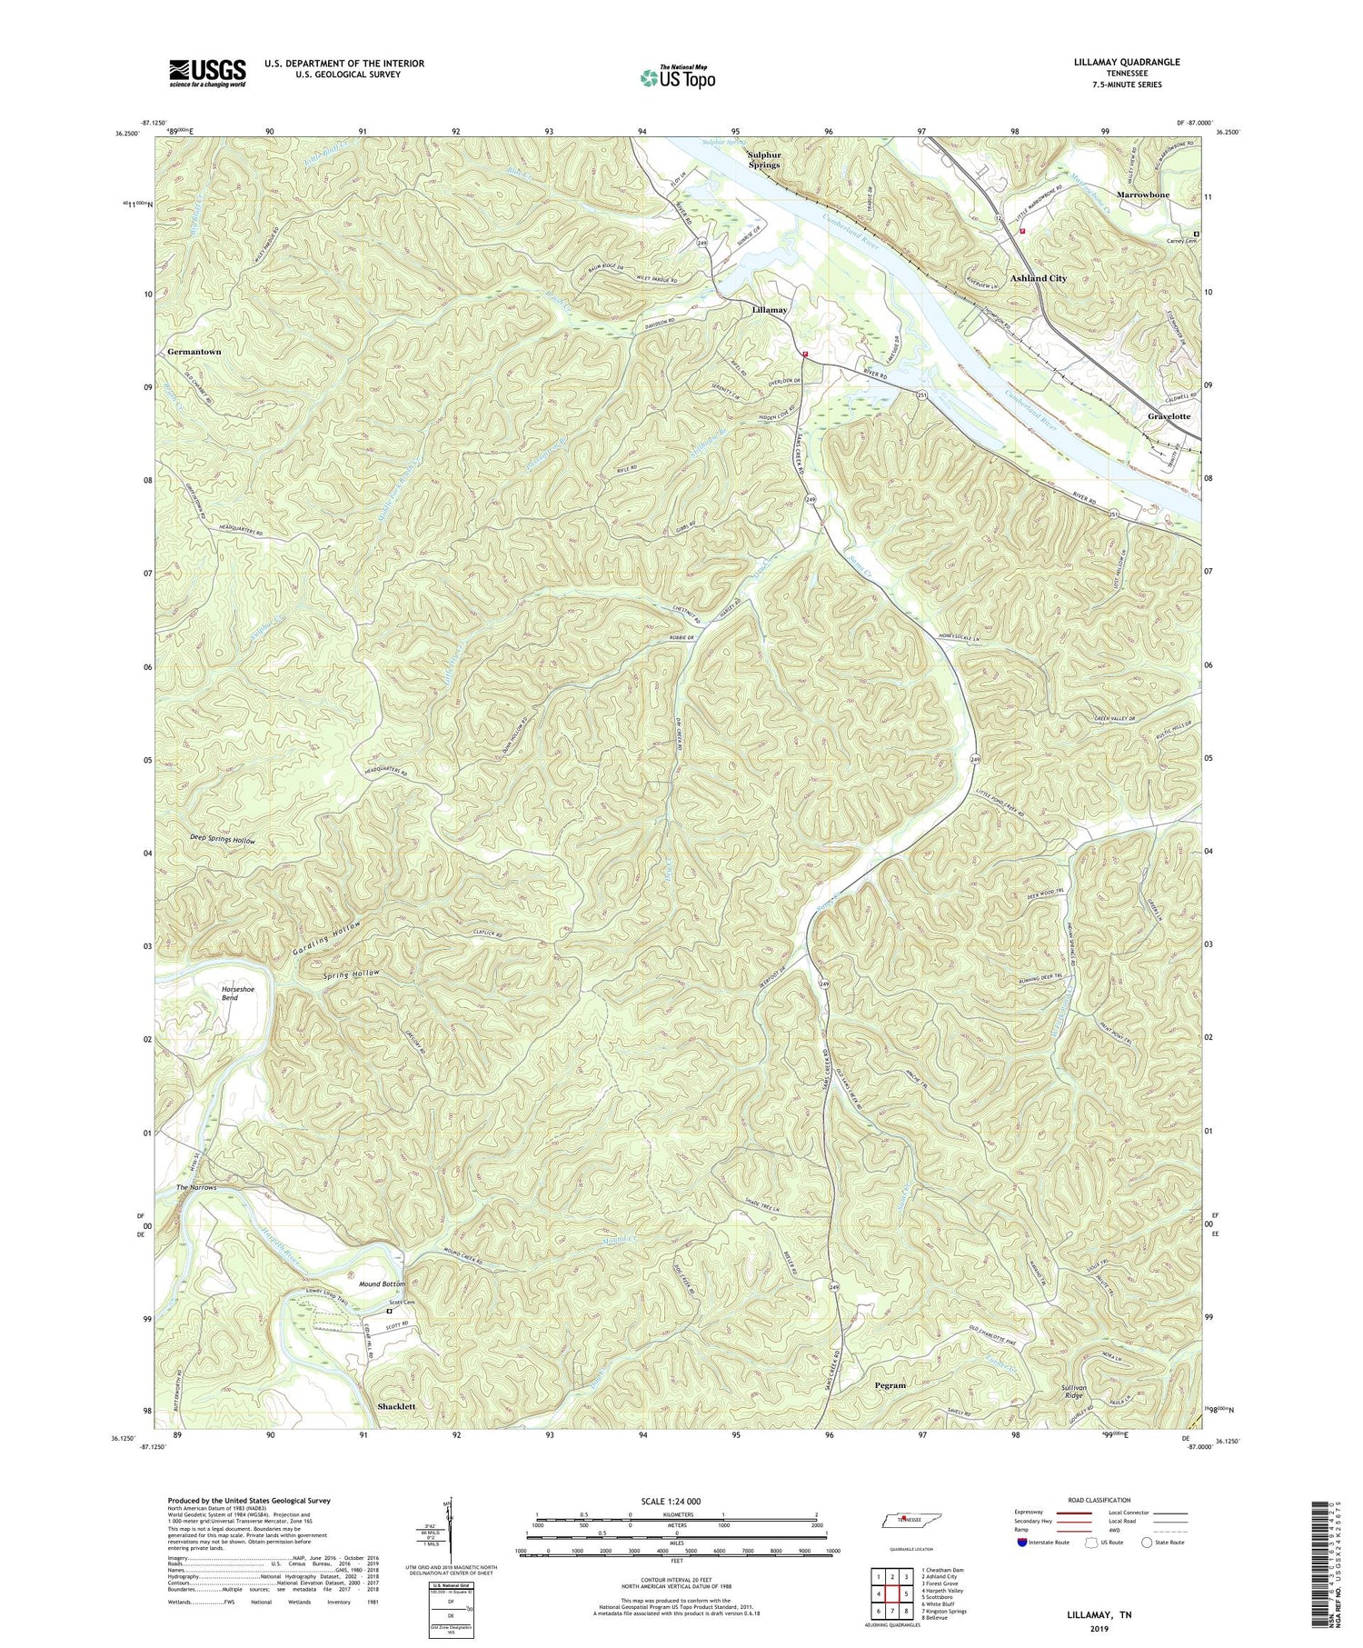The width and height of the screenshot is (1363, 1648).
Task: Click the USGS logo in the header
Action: tap(206, 73)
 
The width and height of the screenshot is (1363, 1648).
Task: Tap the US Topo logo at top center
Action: tap(677, 78)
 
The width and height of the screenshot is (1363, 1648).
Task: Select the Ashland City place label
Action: tap(1039, 278)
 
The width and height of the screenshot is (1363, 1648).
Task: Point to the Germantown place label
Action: tap(194, 351)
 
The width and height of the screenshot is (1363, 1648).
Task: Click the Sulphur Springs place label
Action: tap(763, 160)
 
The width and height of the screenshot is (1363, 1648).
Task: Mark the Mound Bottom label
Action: tap(382, 1283)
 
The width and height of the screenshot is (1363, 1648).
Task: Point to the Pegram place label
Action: tap(890, 1384)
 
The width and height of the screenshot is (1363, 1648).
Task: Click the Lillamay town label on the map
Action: tap(770, 310)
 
